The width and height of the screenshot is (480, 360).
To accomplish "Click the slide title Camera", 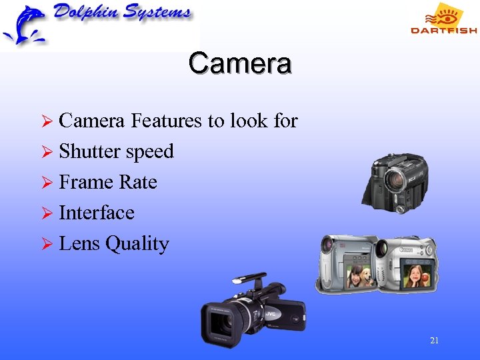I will pyautogui.click(x=239, y=63).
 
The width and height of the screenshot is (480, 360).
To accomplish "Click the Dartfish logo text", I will pyautogui.click(x=443, y=30).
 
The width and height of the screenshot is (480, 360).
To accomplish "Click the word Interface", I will pyautogui.click(x=97, y=213).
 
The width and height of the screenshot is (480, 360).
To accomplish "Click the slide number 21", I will pyautogui.click(x=434, y=341).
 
